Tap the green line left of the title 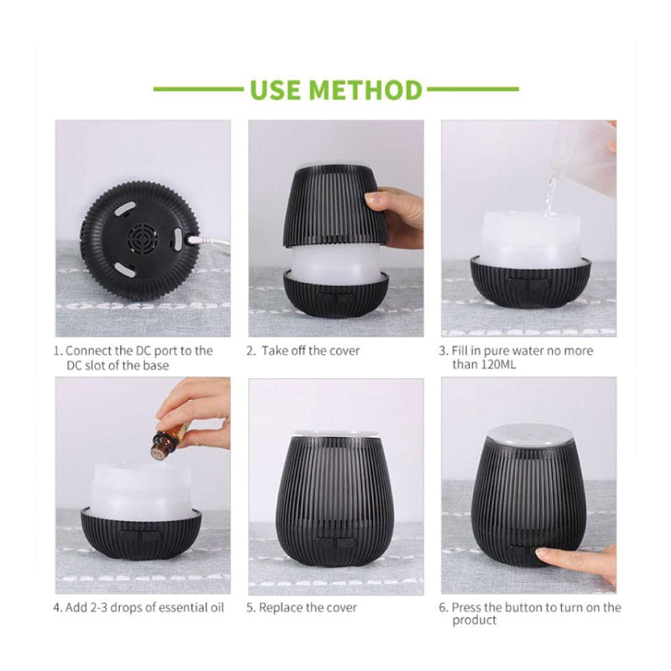[197, 89]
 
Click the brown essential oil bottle [169, 441]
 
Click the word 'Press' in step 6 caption [469, 607]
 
